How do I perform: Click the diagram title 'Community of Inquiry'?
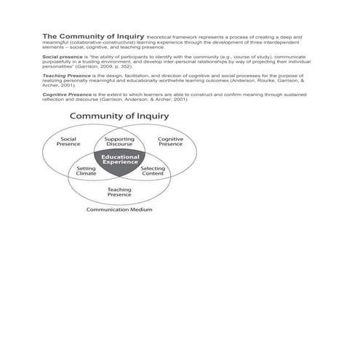[x=119, y=116]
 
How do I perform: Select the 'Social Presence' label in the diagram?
[x=68, y=141]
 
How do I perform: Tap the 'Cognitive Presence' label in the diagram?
[x=170, y=141]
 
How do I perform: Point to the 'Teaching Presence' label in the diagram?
[x=119, y=192]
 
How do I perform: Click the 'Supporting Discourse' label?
[x=119, y=141]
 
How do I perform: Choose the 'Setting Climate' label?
[x=87, y=171]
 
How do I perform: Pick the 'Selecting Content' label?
[x=153, y=171]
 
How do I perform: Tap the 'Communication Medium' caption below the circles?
[x=119, y=209]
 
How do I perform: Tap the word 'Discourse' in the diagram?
[x=119, y=144]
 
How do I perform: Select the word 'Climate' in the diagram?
[x=87, y=175]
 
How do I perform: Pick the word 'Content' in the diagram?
[x=153, y=175]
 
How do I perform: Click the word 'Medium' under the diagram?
[x=141, y=209]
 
